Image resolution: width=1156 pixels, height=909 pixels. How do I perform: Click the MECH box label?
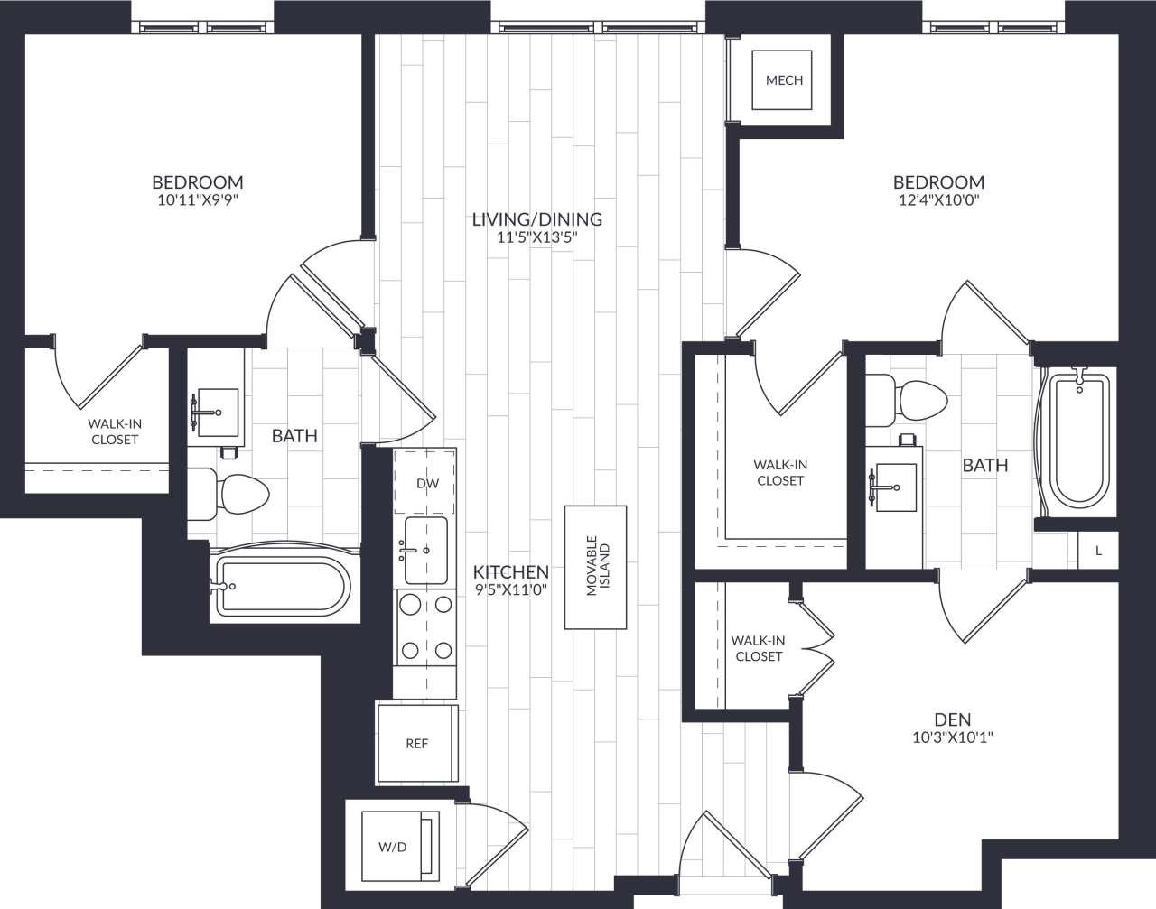click(x=784, y=80)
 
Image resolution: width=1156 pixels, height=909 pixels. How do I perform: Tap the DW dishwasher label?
click(x=427, y=483)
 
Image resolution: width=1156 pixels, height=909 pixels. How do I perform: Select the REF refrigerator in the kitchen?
click(x=416, y=744)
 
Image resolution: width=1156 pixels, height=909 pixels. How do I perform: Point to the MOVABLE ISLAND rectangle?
click(x=596, y=567)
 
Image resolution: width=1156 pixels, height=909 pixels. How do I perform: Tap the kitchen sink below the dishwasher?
click(x=425, y=551)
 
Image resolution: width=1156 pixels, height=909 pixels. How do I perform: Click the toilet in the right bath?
click(x=914, y=398)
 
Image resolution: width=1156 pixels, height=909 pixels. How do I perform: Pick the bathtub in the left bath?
click(x=280, y=588)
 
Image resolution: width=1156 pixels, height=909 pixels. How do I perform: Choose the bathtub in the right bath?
click(x=1078, y=441)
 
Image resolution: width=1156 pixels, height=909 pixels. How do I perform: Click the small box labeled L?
click(x=1098, y=550)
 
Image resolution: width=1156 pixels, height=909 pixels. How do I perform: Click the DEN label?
click(x=953, y=719)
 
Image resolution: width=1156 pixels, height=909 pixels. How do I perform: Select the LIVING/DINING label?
click(x=536, y=218)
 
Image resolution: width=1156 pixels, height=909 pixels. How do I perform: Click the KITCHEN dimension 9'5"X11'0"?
click(x=511, y=590)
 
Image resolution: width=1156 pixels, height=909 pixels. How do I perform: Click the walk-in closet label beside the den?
click(x=759, y=648)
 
